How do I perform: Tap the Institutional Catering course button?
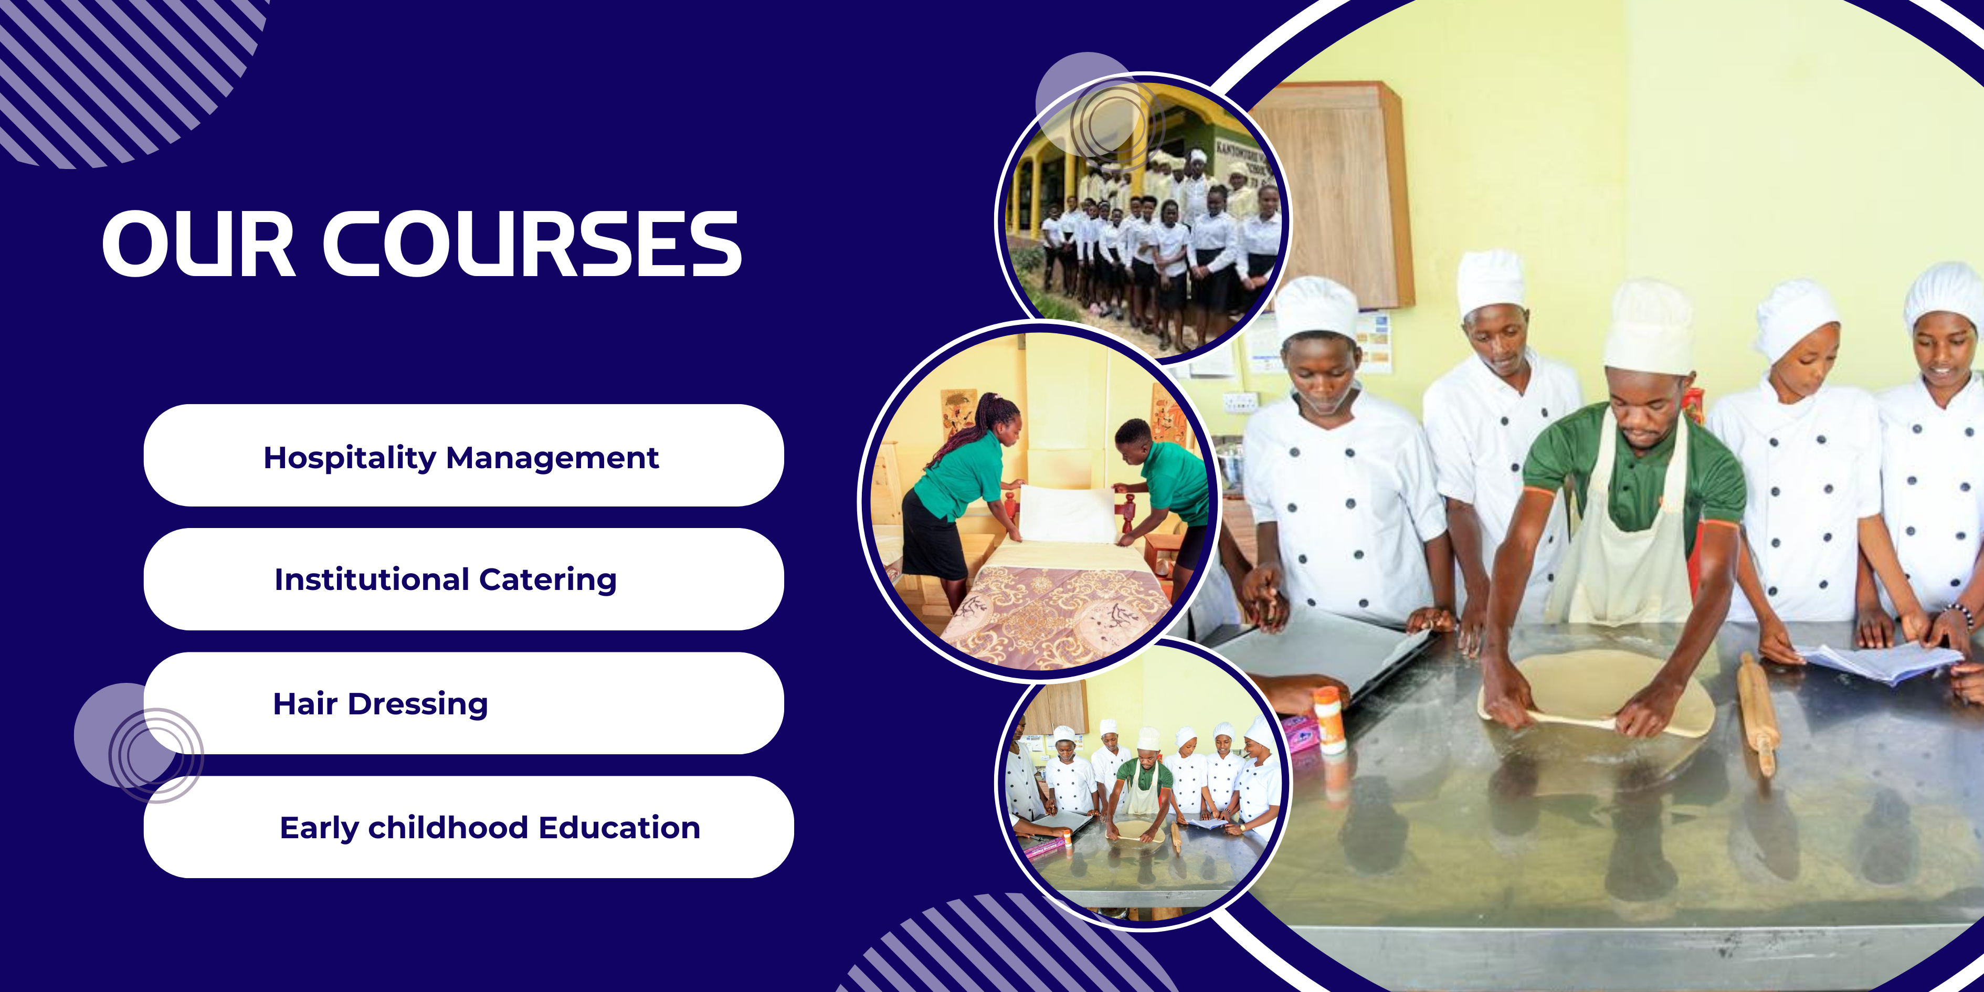point(463,579)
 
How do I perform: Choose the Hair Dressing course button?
point(463,703)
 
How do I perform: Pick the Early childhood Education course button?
point(468,827)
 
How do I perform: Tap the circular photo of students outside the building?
point(1143,218)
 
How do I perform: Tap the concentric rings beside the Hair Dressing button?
point(156,756)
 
